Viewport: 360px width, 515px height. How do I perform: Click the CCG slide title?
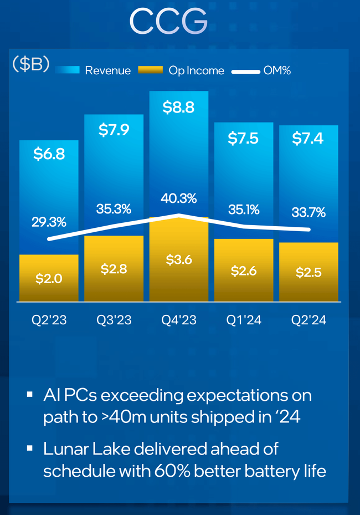click(x=168, y=22)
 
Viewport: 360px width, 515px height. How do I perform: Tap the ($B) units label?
click(x=31, y=64)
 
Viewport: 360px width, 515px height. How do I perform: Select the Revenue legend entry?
click(x=107, y=70)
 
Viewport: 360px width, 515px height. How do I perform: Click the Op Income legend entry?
click(x=196, y=70)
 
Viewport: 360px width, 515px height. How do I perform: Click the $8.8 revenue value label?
click(x=178, y=108)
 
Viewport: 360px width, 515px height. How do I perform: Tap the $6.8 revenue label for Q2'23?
click(x=49, y=154)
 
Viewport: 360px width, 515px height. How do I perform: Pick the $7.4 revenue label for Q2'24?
click(x=308, y=139)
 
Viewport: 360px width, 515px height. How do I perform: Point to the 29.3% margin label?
click(x=49, y=222)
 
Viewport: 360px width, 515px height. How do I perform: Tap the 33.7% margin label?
click(x=308, y=212)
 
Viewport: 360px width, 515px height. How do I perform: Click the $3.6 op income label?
click(x=178, y=259)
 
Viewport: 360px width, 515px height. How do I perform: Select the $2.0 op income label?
click(x=49, y=279)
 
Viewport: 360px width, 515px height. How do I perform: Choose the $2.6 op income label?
click(x=244, y=271)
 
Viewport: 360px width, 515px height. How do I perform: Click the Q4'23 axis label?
click(x=178, y=320)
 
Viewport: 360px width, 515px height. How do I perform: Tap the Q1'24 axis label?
click(x=244, y=320)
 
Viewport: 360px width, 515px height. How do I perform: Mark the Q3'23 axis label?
click(x=114, y=320)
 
